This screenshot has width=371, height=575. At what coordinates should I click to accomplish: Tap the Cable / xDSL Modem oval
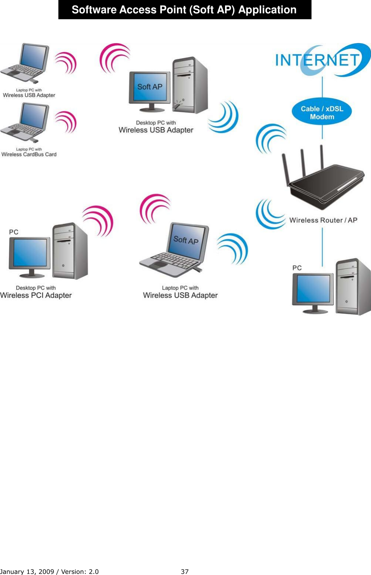point(322,112)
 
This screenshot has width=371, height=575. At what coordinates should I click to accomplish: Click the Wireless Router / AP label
point(323,220)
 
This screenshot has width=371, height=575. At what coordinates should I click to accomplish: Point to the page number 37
point(184,571)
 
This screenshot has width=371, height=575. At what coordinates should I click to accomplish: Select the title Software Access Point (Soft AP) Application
point(184,10)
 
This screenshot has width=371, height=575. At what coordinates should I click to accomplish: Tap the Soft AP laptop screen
point(186,241)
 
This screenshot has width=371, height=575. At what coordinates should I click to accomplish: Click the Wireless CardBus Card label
point(29,154)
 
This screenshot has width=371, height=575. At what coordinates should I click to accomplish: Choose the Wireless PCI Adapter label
point(36,295)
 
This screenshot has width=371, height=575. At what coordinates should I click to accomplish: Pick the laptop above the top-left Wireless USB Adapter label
point(25,63)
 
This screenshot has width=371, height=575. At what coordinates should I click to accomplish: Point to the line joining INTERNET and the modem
point(322,89)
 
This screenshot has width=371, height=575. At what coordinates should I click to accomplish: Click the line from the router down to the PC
point(322,246)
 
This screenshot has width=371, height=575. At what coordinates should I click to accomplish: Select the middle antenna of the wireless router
point(303,163)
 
